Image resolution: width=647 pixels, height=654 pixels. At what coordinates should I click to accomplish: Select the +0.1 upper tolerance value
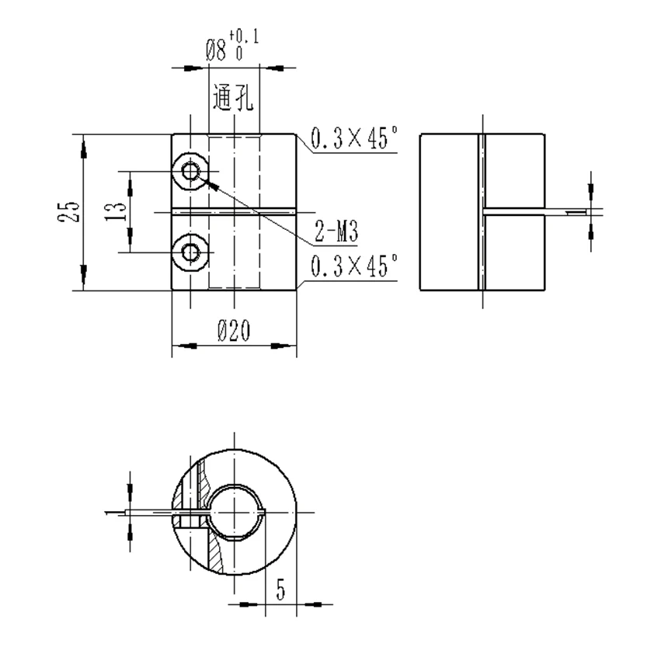[x=246, y=37]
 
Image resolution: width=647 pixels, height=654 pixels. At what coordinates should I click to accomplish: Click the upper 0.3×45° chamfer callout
[x=354, y=140]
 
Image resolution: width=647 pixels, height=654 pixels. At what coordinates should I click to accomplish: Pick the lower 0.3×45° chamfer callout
[x=354, y=266]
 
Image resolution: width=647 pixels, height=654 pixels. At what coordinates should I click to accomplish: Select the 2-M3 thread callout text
[x=336, y=230]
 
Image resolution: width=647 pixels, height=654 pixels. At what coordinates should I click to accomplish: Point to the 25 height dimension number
[x=70, y=212]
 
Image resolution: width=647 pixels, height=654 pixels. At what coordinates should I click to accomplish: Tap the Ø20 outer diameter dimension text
[x=233, y=332]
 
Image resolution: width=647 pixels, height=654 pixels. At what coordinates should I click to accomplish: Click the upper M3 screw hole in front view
[x=190, y=170]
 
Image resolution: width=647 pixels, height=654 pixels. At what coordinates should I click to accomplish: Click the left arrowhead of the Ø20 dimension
[x=179, y=343]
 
